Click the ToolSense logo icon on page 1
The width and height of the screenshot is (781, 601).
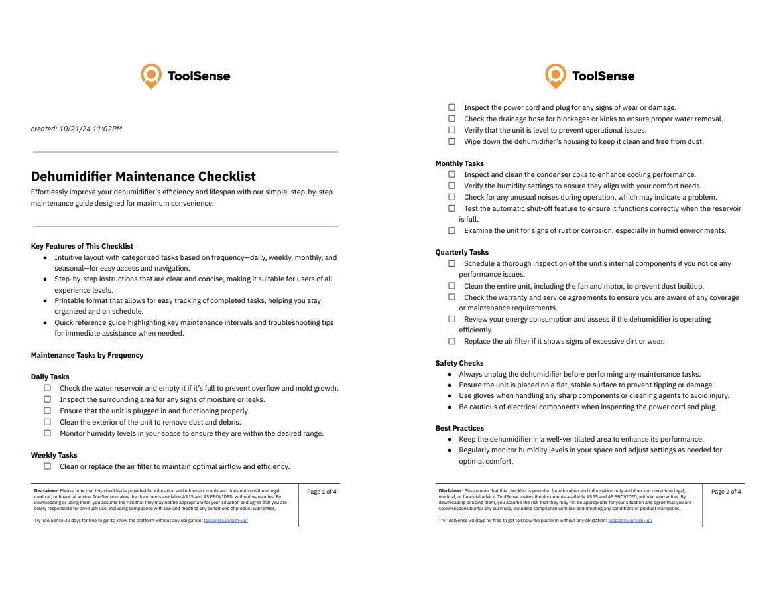coord(151,76)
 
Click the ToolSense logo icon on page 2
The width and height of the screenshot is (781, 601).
coord(556,76)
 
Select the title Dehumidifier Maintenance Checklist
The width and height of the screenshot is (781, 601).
coord(143,176)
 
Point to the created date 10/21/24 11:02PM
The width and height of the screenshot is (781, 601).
coord(91,129)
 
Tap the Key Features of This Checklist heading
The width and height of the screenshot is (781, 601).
coord(82,246)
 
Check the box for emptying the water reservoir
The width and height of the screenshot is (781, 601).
coord(48,388)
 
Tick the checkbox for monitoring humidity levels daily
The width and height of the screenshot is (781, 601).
coord(48,433)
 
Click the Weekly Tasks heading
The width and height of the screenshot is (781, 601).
coord(54,455)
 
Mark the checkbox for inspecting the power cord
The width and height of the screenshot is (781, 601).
coord(452,107)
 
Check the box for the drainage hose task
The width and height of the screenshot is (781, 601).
coord(452,119)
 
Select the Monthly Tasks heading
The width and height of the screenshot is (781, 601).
coord(459,163)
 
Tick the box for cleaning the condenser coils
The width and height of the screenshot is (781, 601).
coord(452,174)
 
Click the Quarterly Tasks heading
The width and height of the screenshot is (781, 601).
coord(462,252)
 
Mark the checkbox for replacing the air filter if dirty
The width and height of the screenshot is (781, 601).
coord(452,341)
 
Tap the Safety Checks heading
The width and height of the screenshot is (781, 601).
coord(459,363)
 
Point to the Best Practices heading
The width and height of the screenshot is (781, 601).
coord(459,428)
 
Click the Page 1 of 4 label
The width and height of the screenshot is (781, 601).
coord(322,492)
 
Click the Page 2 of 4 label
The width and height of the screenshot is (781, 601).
coord(726,492)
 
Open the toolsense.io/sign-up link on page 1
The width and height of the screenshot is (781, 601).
coord(225,521)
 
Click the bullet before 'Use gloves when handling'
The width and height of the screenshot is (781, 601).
coord(451,396)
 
